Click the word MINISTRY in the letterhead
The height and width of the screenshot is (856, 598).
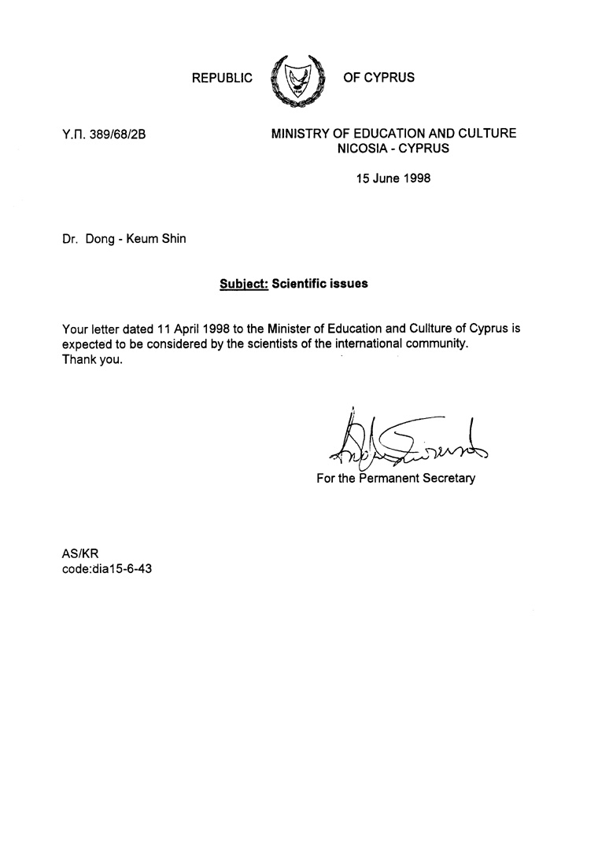(301, 134)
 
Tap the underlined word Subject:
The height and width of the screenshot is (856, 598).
(244, 284)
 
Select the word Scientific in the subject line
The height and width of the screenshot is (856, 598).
(301, 284)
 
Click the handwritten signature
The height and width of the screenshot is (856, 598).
(408, 439)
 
